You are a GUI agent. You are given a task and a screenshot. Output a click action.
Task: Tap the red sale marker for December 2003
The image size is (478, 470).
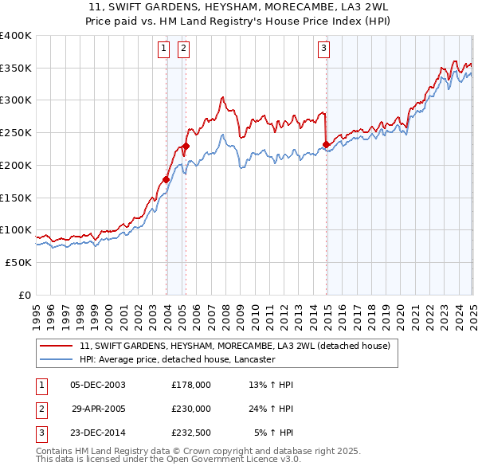167,179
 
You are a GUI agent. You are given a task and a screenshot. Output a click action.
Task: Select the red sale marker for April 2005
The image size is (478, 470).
186,146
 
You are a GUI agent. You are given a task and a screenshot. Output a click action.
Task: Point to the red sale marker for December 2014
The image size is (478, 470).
327,144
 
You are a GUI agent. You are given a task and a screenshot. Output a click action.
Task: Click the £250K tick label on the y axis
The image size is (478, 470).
16,132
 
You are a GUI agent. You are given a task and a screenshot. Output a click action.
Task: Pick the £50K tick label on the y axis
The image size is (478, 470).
19,262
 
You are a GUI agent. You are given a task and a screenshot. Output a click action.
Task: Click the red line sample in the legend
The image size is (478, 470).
57,347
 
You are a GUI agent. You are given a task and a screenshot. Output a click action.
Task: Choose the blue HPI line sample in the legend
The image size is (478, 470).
57,360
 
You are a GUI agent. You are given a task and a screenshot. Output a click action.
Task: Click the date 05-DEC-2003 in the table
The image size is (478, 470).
98,385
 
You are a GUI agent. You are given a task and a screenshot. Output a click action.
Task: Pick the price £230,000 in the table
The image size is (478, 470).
191,409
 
